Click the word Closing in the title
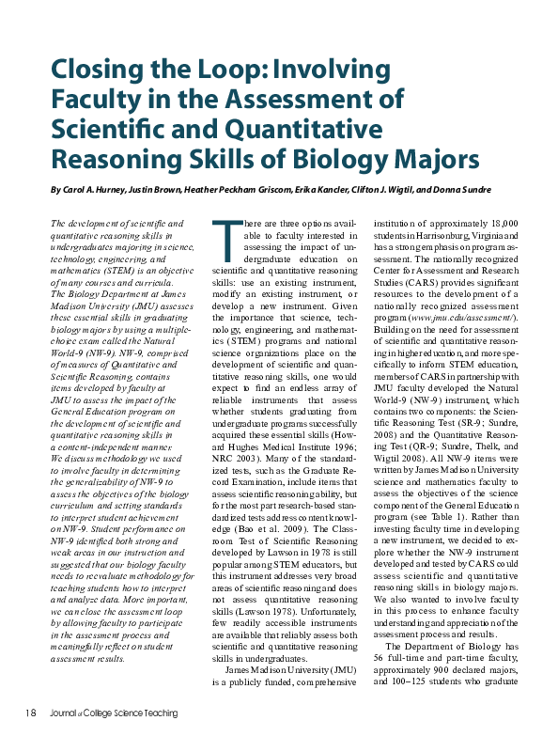pyautogui.click(x=94, y=70)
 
